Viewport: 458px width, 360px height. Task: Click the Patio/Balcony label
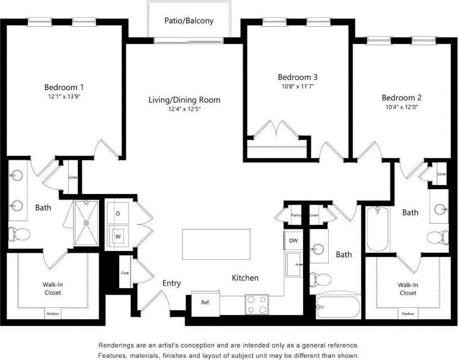point(189,21)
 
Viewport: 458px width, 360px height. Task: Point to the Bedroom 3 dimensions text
point(298,87)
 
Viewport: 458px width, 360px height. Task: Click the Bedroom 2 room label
point(401,98)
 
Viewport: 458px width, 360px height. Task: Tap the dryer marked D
point(117,213)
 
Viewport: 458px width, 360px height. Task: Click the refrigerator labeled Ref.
point(205,302)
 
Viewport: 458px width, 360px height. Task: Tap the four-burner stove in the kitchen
point(256,304)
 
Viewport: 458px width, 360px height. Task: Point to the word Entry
point(171,283)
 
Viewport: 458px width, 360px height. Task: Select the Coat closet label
point(125,273)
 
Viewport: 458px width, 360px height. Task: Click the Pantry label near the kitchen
point(297,215)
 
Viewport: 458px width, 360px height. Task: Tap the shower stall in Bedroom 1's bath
point(86,223)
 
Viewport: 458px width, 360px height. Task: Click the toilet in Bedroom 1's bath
point(19,234)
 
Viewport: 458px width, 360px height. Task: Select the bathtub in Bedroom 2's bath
point(377,229)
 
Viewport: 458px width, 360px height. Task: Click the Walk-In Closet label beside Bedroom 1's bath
point(52,288)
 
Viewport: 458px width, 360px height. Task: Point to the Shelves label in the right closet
point(408,314)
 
